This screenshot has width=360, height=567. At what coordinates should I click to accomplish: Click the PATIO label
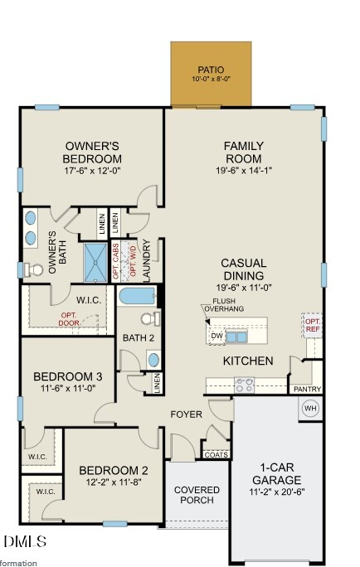pyautogui.click(x=211, y=70)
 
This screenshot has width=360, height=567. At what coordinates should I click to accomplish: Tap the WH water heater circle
pyautogui.click(x=310, y=408)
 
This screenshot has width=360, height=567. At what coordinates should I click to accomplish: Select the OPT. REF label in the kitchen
pyautogui.click(x=312, y=325)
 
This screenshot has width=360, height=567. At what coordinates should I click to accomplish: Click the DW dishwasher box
pyautogui.click(x=216, y=336)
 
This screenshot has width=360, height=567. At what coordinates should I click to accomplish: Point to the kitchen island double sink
pyautogui.click(x=236, y=337)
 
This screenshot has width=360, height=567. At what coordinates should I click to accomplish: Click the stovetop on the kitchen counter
pyautogui.click(x=244, y=385)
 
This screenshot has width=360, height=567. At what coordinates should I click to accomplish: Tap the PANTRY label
pyautogui.click(x=307, y=389)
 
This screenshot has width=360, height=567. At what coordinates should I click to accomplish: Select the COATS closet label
pyautogui.click(x=216, y=454)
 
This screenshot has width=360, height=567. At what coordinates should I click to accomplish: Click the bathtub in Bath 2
pyautogui.click(x=138, y=295)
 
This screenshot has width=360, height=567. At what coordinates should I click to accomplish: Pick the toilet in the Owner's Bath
pyautogui.click(x=33, y=269)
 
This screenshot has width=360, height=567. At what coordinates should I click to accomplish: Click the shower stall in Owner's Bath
pyautogui.click(x=96, y=262)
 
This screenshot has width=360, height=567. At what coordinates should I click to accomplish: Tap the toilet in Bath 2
pyautogui.click(x=150, y=318)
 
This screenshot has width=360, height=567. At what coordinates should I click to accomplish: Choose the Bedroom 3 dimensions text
pyautogui.click(x=68, y=388)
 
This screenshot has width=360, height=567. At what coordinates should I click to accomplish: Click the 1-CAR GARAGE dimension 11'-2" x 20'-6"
pyautogui.click(x=277, y=492)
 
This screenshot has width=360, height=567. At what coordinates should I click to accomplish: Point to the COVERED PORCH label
pyautogui.click(x=197, y=495)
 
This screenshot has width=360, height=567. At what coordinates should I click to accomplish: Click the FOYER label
pyautogui.click(x=187, y=414)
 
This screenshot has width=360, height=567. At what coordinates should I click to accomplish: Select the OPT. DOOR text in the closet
pyautogui.click(x=69, y=319)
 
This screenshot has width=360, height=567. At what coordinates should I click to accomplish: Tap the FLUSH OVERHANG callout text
pyautogui.click(x=224, y=305)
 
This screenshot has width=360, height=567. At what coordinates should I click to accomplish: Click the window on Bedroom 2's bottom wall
pyautogui.click(x=115, y=524)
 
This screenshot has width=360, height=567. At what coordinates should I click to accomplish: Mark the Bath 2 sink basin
pyautogui.click(x=153, y=360)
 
